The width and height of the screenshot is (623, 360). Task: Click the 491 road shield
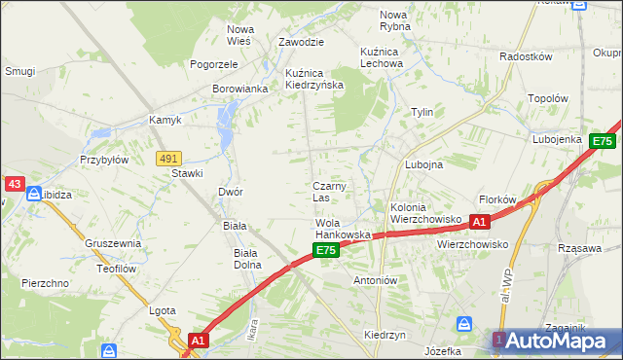click(168, 157)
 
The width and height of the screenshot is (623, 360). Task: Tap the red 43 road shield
click(14, 183)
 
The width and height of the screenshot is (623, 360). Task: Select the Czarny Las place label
click(329, 192)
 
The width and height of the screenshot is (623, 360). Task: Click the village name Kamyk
click(165, 121)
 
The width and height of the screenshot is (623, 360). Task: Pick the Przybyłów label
click(104, 161)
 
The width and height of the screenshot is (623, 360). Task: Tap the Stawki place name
click(187, 173)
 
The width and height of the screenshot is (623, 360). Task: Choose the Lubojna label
click(423, 164)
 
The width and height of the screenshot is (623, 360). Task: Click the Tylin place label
click(421, 112)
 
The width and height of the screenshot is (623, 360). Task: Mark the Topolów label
click(547, 98)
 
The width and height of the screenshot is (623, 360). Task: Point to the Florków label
click(498, 199)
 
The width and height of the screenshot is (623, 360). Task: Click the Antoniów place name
click(377, 280)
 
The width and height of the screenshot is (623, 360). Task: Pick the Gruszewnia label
click(113, 243)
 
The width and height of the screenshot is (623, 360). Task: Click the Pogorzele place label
click(214, 64)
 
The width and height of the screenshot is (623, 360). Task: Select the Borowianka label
click(239, 89)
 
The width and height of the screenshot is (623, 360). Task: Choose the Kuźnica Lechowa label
click(381, 56)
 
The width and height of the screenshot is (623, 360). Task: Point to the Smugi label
click(19, 71)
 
